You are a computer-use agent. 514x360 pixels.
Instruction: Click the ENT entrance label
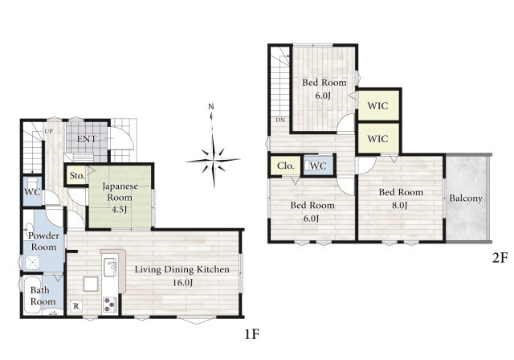pyautogui.click(x=87, y=139)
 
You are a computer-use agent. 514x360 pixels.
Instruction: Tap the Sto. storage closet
pyautogui.click(x=77, y=175)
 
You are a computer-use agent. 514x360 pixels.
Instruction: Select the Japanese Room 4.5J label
pyautogui.click(x=120, y=198)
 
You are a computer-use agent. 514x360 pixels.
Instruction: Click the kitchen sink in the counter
pyautogui.click(x=110, y=268)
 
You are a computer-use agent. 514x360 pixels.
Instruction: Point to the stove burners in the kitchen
pyautogui.click(x=110, y=305)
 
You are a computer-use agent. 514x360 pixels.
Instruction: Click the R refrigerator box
pyautogui.click(x=76, y=306)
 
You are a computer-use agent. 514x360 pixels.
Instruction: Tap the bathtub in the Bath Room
pyautogui.click(x=32, y=295)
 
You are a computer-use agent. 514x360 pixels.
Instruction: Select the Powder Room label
pyautogui.click(x=43, y=241)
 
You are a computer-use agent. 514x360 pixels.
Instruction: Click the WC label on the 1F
pyautogui.click(x=33, y=192)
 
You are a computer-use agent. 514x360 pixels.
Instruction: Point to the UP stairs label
pyautogui.click(x=48, y=132)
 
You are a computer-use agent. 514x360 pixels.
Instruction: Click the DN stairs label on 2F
pyautogui.click(x=280, y=120)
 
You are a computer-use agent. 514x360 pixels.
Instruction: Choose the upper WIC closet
pyautogui.click(x=378, y=105)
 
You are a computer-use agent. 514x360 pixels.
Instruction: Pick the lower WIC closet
pyautogui.click(x=378, y=138)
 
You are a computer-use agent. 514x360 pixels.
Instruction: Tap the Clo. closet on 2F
pyautogui.click(x=285, y=166)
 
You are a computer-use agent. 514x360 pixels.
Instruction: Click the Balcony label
pyautogui.click(x=466, y=198)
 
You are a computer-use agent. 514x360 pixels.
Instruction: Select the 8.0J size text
pyautogui.click(x=400, y=205)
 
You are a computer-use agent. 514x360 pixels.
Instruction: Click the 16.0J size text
pyautogui.click(x=182, y=283)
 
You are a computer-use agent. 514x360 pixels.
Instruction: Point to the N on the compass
pyautogui.click(x=211, y=107)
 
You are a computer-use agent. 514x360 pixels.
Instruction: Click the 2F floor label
pyautogui.click(x=500, y=259)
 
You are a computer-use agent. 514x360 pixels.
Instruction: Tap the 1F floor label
pyautogui.click(x=252, y=334)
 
